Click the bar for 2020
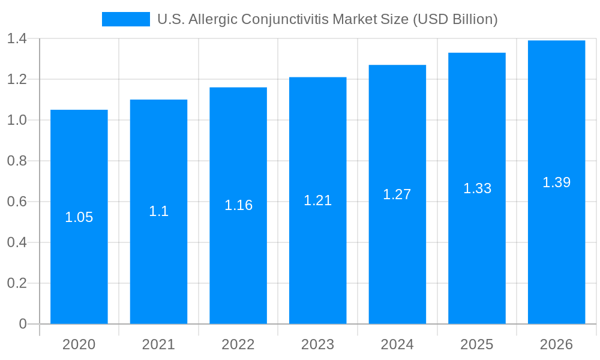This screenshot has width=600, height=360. tap(79, 240)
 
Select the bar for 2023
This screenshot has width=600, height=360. tap(318, 240)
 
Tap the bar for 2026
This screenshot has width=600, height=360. tap(556, 240)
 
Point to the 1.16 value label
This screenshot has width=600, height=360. tap(238, 205)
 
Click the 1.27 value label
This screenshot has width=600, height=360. tap(397, 194)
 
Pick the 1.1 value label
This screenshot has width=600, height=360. tap(159, 211)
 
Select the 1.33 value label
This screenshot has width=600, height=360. tap(477, 188)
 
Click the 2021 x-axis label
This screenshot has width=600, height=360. tap(159, 344)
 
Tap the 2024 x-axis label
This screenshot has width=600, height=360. tap(397, 344)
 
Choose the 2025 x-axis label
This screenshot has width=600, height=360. tap(477, 344)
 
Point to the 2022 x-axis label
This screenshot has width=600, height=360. tap(238, 344)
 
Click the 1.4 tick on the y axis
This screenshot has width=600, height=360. tap(17, 39)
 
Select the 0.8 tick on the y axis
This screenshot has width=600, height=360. tap(17, 161)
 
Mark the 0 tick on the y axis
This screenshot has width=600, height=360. tap(23, 324)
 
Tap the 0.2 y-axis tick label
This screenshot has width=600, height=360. tap(17, 283)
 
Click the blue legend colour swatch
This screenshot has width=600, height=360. tap(126, 19)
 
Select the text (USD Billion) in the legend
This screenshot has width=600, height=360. tap(454, 19)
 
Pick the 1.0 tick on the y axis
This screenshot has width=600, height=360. tap(17, 120)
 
